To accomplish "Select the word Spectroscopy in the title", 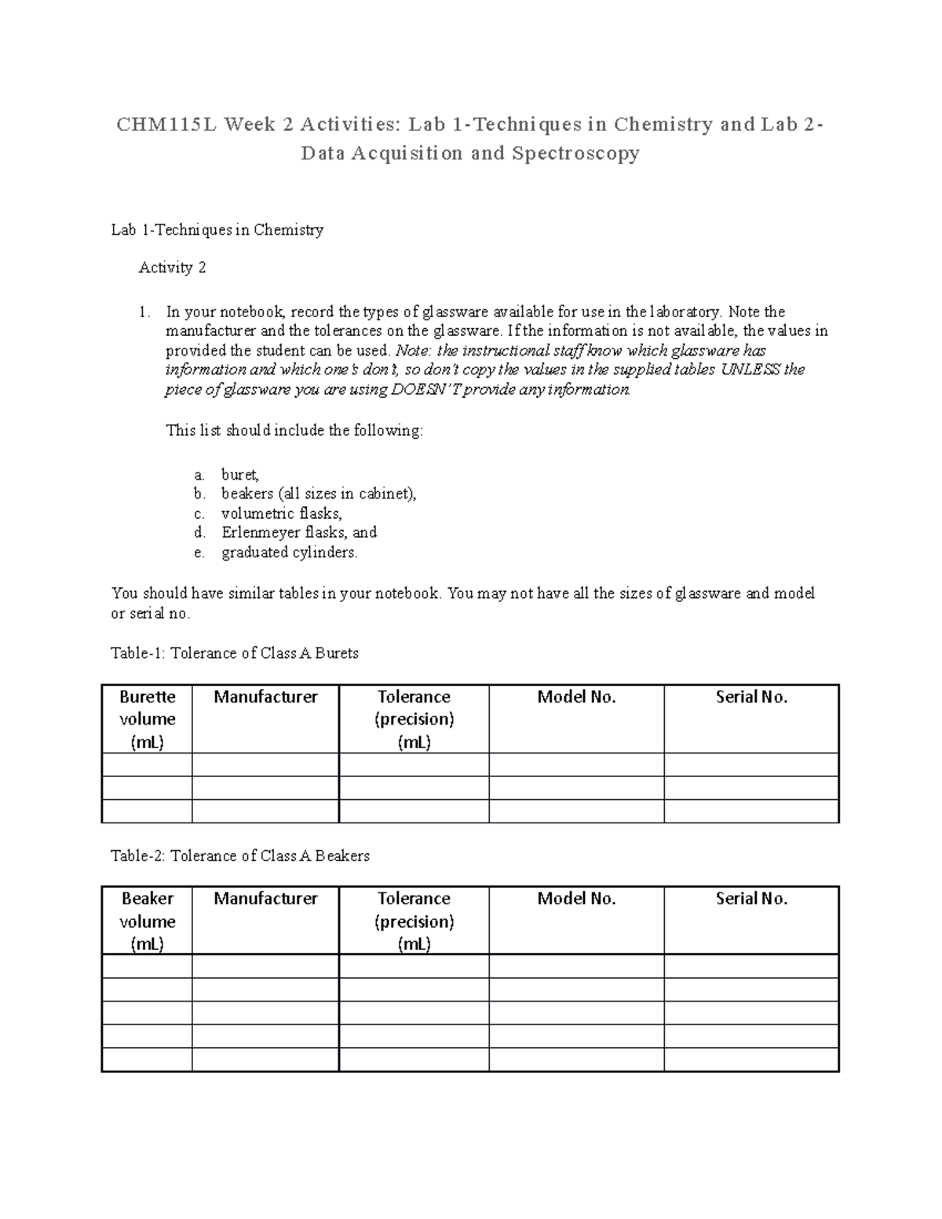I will point(575,153).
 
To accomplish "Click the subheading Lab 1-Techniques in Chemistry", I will point(217,230).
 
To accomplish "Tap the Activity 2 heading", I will point(172,268).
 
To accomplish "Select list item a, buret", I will point(239,475).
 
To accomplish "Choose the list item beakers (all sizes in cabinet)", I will point(319,494).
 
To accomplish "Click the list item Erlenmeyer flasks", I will point(299,532).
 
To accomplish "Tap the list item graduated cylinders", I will point(289,553).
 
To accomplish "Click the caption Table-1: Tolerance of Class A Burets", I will point(235,653).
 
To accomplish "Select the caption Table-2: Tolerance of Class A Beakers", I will point(240,856).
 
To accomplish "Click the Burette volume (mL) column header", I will point(147,719).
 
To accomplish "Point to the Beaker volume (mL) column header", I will point(147,921).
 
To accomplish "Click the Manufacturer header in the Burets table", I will point(265,697).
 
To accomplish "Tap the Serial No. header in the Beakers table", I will point(751,899).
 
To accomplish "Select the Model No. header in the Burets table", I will point(576,697).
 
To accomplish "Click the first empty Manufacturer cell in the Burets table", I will point(265,765).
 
